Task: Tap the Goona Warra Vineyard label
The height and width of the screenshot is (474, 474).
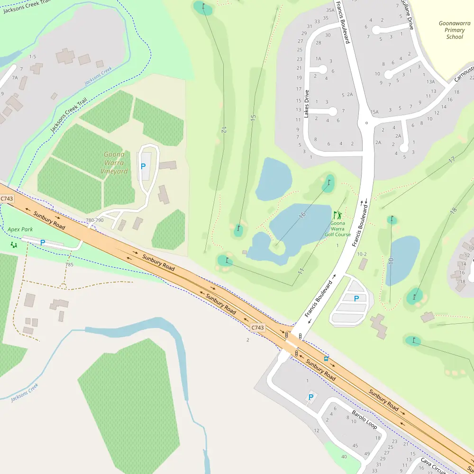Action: click(115, 163)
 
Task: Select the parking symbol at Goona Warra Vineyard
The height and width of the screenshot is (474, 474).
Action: click(143, 166)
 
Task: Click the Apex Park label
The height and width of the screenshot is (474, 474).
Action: click(20, 229)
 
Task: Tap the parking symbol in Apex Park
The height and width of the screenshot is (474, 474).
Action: click(42, 243)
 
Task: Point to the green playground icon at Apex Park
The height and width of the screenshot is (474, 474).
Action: click(14, 245)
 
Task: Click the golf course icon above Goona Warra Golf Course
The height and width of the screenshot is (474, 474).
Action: click(337, 215)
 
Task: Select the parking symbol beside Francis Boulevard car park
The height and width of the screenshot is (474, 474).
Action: click(356, 298)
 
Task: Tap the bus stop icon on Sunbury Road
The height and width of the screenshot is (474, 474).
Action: click(326, 358)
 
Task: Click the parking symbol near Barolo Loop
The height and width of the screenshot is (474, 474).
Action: click(311, 397)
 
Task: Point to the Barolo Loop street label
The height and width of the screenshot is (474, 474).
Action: click(364, 419)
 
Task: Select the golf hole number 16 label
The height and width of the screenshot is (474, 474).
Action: click(302, 215)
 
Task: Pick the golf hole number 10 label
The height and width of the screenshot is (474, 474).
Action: click(391, 261)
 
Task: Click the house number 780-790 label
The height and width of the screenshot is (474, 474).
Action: click(94, 220)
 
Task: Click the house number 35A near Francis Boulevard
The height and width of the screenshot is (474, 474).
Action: click(330, 10)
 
